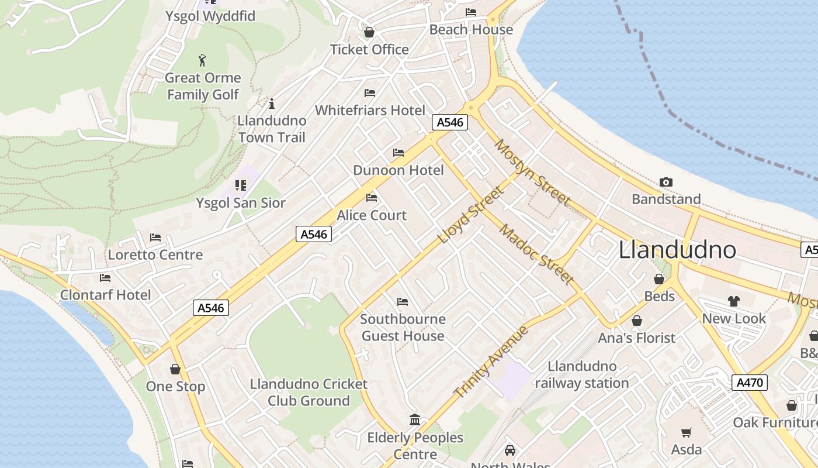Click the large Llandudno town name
(677, 250)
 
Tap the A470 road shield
(749, 383)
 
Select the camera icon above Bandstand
(666, 183)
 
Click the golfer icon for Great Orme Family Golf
(202, 60)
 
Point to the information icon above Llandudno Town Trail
(271, 104)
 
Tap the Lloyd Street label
(470, 215)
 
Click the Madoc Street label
(536, 254)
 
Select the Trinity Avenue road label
(491, 362)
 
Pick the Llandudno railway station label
(582, 375)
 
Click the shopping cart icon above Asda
(686, 433)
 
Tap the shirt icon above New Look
(734, 301)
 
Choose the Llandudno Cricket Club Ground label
(309, 393)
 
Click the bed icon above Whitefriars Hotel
(370, 92)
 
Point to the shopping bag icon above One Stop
(175, 369)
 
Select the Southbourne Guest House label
(403, 328)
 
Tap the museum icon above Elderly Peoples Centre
(415, 419)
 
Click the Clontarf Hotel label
(106, 295)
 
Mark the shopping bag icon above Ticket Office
(369, 32)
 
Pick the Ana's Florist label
(636, 338)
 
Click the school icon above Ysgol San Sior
(240, 185)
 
